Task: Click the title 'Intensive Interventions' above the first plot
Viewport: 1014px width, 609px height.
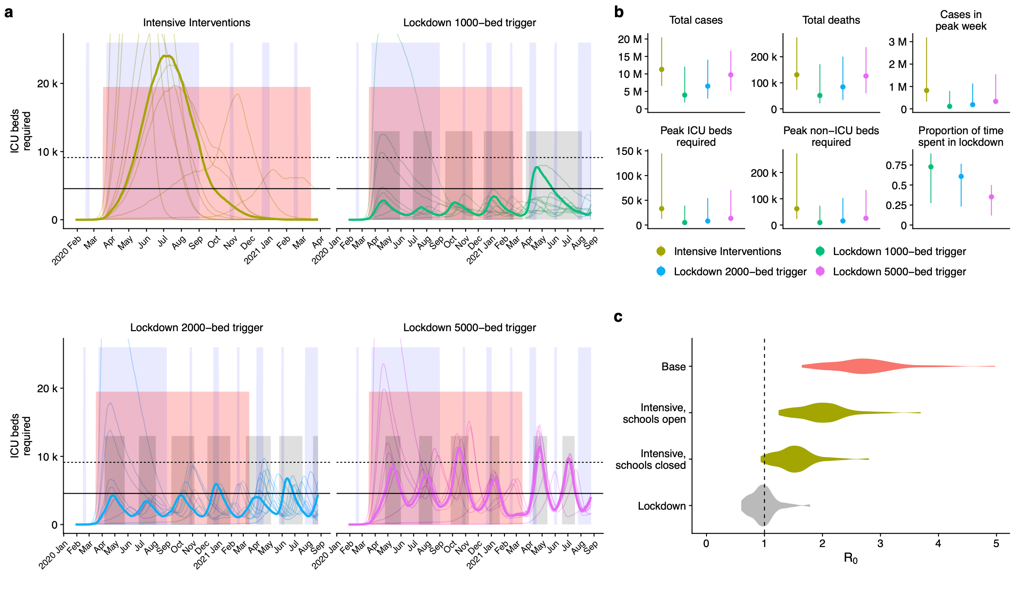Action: point(197,23)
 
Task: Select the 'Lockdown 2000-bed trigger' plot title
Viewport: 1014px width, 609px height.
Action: point(197,328)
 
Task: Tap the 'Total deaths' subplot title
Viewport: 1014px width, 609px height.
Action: point(831,20)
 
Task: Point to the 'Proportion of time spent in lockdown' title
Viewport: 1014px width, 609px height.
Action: point(961,136)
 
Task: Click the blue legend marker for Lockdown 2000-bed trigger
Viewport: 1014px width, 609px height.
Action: point(661,271)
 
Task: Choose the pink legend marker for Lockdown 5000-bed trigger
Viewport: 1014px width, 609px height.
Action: point(820,271)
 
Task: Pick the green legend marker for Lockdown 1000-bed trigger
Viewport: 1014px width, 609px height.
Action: point(820,251)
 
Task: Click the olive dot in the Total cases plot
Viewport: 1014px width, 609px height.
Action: point(661,69)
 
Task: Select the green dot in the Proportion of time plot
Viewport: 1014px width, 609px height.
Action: point(931,167)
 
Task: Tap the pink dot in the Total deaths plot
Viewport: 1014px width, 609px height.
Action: point(866,76)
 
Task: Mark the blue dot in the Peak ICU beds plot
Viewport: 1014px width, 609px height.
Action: point(707,221)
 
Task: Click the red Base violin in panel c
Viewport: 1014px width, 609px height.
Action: point(862,366)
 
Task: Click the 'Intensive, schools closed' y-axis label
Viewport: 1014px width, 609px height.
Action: point(650,459)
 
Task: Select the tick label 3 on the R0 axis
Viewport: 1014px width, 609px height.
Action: point(880,544)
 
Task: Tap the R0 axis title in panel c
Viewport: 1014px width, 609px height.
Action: point(850,558)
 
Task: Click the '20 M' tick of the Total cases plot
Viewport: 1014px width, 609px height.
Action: point(630,40)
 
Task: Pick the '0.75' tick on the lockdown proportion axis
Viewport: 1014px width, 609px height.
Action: point(896,166)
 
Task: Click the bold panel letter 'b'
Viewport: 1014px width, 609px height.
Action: point(619,12)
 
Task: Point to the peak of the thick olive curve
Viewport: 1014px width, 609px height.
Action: point(166,56)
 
